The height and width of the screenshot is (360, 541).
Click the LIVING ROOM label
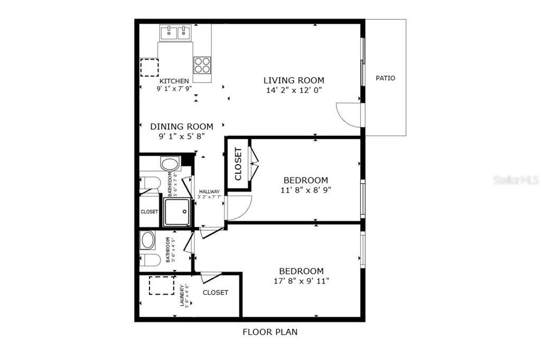294,80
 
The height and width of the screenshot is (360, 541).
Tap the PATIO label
385,78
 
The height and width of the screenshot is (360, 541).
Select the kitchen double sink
175,33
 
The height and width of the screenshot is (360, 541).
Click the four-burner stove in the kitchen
202,65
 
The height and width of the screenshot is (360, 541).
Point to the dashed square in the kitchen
149,68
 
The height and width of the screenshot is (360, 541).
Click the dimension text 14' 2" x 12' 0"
294,90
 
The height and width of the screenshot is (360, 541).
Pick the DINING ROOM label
182,127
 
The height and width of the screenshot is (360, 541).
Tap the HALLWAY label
209,192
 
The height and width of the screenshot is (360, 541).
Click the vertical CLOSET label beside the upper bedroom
238,164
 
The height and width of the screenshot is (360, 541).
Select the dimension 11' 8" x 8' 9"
305,190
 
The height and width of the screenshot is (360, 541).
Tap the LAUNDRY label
182,296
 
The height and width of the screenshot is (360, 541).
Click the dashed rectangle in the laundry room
161,286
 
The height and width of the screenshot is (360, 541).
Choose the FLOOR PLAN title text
270,332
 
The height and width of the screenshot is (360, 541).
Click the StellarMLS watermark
516,180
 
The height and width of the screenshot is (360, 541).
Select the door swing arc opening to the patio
349,115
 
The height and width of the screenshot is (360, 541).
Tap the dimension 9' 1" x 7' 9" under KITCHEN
174,89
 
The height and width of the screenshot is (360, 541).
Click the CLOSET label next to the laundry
216,292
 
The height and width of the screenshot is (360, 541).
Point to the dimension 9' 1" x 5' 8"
182,136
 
